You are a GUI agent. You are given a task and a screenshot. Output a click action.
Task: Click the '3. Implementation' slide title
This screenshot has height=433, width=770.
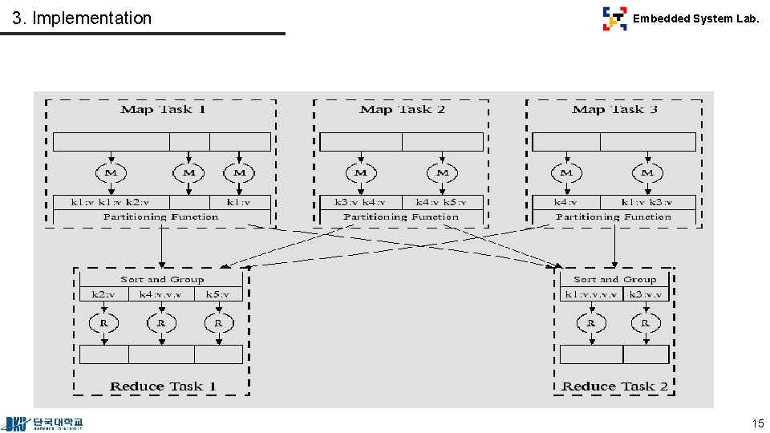coord(82,18)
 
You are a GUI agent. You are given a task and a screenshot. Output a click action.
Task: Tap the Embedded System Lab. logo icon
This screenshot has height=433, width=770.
coord(614,18)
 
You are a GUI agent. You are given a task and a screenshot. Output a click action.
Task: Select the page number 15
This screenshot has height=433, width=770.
coord(757,423)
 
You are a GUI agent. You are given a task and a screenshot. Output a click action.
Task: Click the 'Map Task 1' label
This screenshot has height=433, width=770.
coord(163,109)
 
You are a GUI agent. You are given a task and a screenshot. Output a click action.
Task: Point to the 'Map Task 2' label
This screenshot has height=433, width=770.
coord(403,109)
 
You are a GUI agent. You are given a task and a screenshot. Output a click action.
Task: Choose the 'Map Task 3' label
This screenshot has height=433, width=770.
coord(614,109)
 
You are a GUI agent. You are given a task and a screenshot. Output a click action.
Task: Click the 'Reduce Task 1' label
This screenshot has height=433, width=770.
coord(163,386)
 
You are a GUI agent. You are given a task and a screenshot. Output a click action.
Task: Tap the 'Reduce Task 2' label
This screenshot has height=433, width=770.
coord(614,386)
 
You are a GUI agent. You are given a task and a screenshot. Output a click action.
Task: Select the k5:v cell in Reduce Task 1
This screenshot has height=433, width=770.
coord(218,294)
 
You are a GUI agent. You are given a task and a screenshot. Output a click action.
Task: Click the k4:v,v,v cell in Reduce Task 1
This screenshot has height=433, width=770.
coord(161,294)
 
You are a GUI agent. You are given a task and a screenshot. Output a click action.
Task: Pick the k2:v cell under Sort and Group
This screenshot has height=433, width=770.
coord(103,294)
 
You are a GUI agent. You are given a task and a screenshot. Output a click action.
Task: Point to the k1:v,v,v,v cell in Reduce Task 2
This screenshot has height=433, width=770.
coord(591,294)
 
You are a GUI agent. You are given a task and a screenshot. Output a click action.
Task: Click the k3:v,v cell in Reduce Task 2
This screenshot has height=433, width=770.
coord(645,294)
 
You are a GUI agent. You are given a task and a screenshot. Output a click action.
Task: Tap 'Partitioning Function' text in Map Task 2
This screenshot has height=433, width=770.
coord(401,217)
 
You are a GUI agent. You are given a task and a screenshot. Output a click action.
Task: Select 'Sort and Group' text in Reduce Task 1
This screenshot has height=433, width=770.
coord(162,279)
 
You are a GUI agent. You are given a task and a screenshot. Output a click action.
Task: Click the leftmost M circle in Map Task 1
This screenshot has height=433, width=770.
coord(111,172)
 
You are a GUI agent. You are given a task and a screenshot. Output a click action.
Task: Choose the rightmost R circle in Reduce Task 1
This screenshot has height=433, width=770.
coord(218,323)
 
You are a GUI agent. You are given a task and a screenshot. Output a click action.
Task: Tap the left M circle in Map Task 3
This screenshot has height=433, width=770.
coord(566,172)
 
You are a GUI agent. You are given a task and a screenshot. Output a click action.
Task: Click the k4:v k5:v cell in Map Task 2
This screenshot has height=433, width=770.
coord(442,202)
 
